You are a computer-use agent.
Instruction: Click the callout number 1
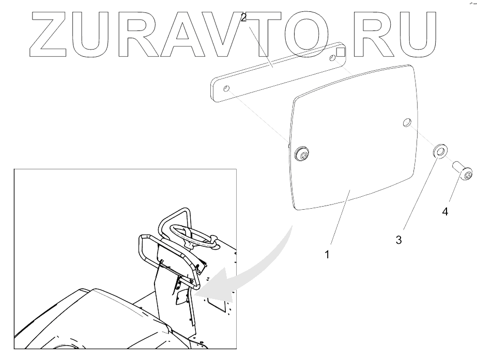coord(327,255)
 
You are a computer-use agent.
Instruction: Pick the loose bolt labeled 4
coord(463,173)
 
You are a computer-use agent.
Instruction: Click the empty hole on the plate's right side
coord(407,122)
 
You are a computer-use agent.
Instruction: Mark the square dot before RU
coord(341,52)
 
